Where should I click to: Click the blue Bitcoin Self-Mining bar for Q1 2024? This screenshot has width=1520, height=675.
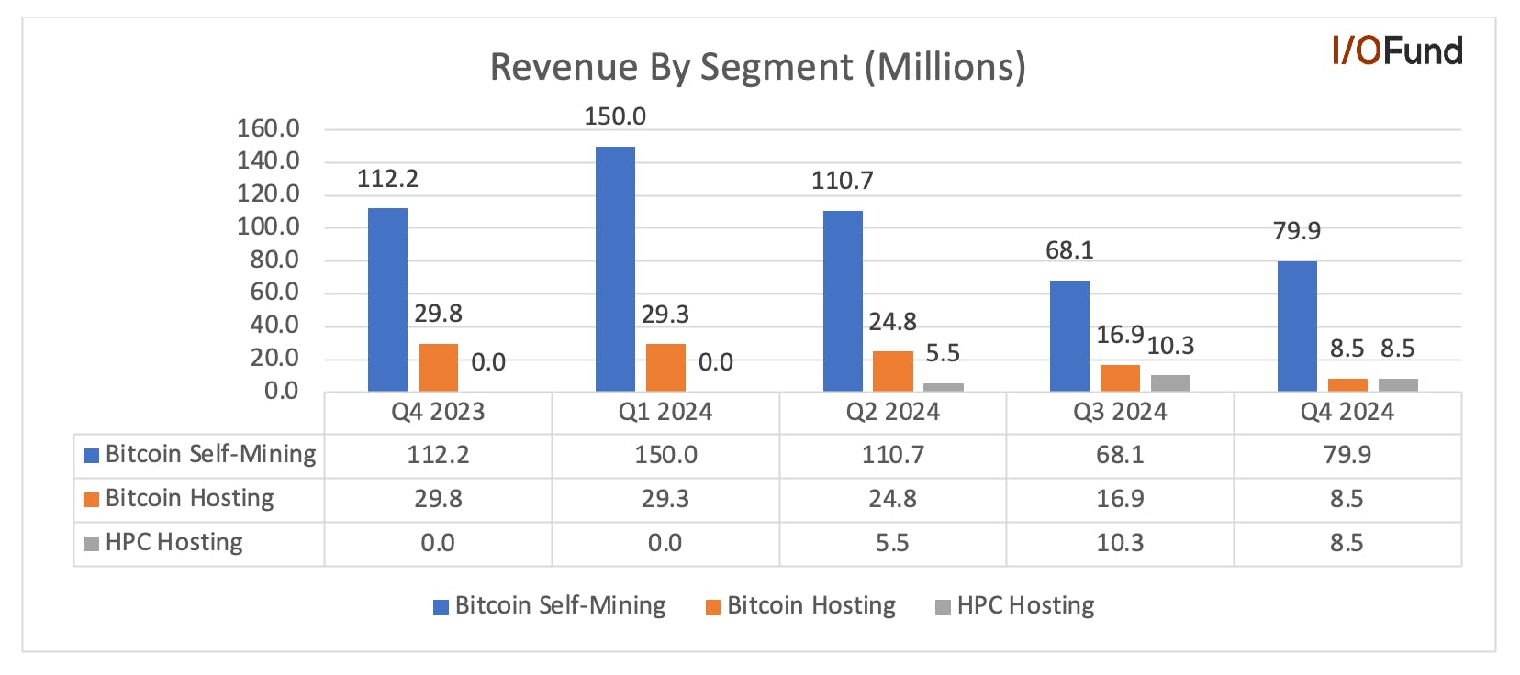click(x=616, y=269)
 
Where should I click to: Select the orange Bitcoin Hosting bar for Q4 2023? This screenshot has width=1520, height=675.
click(x=439, y=368)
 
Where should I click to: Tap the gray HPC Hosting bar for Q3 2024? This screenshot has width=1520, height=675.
click(x=1170, y=383)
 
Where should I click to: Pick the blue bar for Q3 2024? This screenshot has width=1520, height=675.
click(x=1069, y=337)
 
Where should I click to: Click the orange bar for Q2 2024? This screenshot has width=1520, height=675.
click(x=893, y=371)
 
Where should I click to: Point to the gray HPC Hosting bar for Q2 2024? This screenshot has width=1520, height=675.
click(x=944, y=387)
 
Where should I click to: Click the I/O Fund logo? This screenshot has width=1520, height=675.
click(x=1397, y=50)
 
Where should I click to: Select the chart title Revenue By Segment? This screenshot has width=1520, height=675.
click(x=757, y=67)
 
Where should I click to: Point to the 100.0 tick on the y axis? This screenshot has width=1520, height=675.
click(x=268, y=227)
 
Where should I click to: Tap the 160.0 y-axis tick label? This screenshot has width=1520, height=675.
click(x=268, y=128)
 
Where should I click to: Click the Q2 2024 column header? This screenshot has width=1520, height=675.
click(x=893, y=412)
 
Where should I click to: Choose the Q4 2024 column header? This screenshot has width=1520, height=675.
click(x=1347, y=412)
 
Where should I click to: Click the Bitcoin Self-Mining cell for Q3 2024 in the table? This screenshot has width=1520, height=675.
click(x=1121, y=455)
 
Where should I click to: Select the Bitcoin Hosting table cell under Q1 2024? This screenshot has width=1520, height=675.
click(x=665, y=499)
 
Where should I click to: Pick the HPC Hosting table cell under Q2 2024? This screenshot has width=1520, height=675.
click(x=892, y=543)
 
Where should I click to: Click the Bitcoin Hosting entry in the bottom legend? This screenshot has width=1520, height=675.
click(x=800, y=606)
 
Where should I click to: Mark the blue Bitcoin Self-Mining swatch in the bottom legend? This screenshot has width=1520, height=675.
click(x=441, y=607)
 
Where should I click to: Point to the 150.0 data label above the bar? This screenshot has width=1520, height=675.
click(x=616, y=116)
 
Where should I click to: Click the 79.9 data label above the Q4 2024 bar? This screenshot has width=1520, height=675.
click(x=1297, y=231)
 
